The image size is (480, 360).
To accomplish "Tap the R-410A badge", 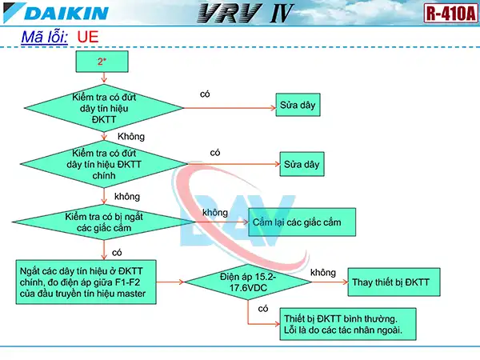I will click(450, 13).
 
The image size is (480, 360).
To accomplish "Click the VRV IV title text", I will click(240, 14).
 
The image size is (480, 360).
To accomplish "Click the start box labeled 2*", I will click(102, 61).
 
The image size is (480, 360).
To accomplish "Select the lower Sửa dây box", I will click(302, 166).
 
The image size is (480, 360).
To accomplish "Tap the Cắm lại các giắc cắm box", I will click(302, 222).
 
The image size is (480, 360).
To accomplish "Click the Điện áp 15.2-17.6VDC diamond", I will click(247, 282).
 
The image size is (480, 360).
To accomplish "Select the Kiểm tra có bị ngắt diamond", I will click(104, 222).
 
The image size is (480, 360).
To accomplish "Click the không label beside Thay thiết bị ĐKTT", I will click(322, 273).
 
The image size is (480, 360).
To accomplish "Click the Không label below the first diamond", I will click(130, 137).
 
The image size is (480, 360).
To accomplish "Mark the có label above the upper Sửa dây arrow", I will click(205, 94).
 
